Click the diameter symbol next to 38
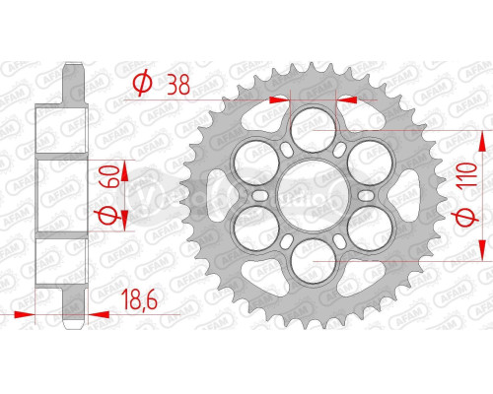(141, 85)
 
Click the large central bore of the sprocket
(311, 194)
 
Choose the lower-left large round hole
(251, 229)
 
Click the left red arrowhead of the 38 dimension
(278, 99)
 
